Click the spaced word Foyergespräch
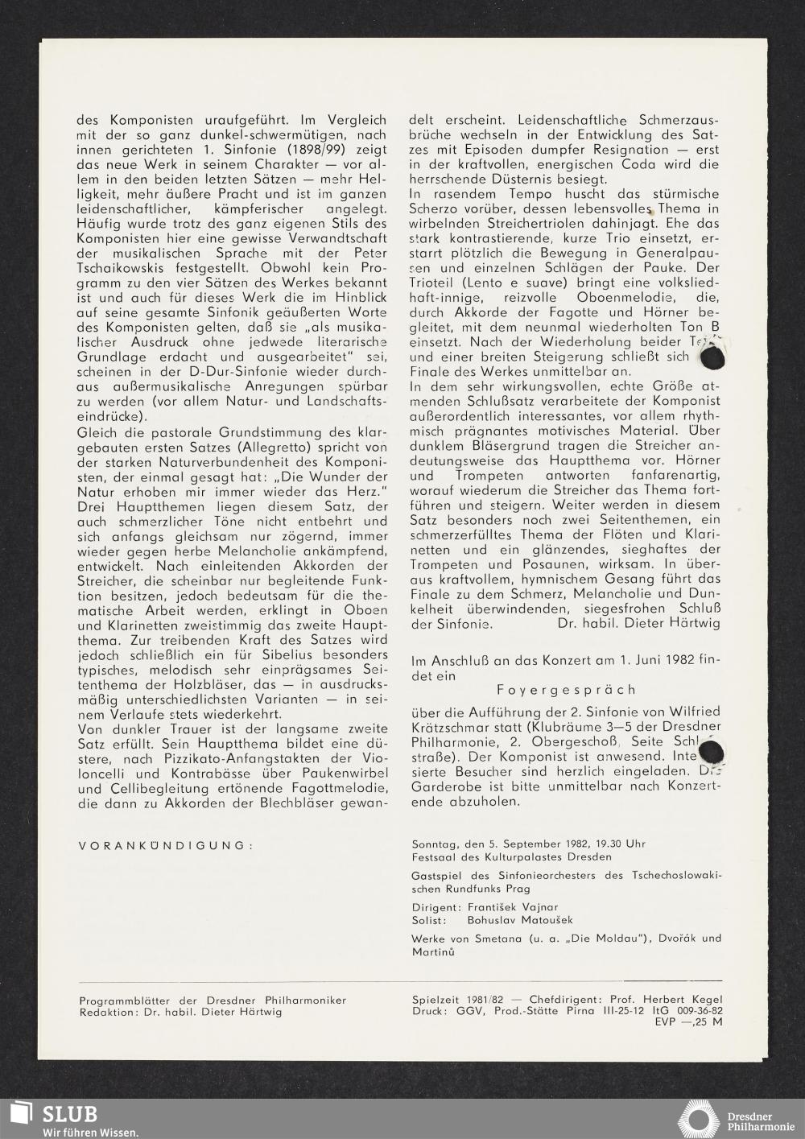pos(566,689)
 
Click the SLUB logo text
pos(70,1113)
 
